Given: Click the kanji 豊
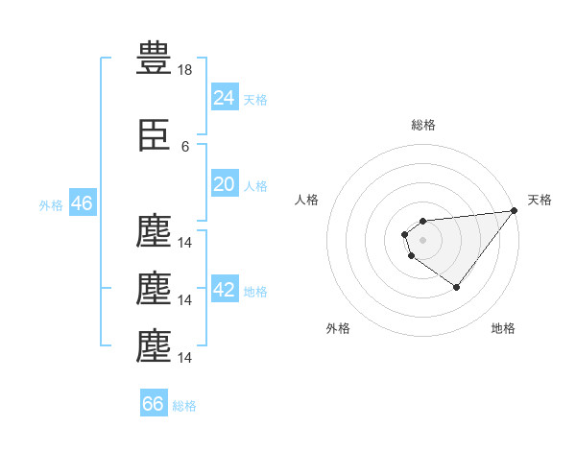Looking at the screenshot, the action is (x=154, y=58).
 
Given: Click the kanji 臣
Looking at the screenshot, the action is (x=154, y=134).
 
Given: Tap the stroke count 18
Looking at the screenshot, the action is (x=184, y=70).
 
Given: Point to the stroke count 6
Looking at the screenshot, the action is (x=185, y=147).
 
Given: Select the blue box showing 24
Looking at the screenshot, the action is (x=225, y=97).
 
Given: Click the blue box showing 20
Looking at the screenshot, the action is (x=225, y=183).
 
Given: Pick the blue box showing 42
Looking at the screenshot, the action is (x=225, y=288).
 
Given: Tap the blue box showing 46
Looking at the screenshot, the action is (x=83, y=202).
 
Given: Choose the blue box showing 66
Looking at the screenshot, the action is (x=154, y=402).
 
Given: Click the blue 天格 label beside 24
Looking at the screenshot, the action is (x=255, y=100).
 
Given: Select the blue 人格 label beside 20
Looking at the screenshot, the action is (x=255, y=186).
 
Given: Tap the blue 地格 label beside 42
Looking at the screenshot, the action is (x=255, y=292).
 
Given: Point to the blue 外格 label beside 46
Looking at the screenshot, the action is (x=51, y=205).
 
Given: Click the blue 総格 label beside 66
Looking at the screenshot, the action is (x=184, y=406).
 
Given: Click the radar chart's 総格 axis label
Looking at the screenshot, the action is (x=423, y=125).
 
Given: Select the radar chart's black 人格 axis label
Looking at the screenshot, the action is (x=306, y=200).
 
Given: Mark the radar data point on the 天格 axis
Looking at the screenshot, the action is (x=515, y=210).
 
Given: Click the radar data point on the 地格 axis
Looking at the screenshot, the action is (x=457, y=287).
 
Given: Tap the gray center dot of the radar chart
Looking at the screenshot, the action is (x=422, y=240).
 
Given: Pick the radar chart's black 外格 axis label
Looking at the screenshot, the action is (x=338, y=328).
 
